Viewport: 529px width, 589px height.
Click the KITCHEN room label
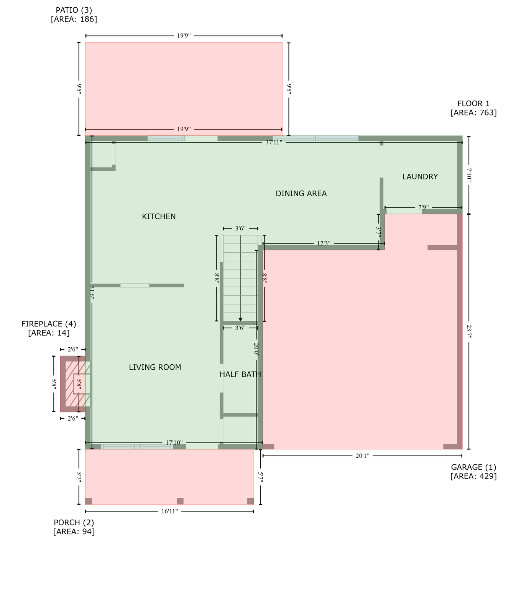click(159, 217)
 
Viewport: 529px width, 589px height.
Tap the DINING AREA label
click(301, 194)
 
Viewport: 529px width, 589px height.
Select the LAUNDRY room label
click(420, 177)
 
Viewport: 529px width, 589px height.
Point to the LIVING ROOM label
click(155, 367)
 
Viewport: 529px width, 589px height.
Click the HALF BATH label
click(240, 375)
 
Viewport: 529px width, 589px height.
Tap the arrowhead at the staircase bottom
click(240, 319)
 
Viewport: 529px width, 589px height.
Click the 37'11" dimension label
click(273, 142)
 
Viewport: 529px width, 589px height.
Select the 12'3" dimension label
click(324, 243)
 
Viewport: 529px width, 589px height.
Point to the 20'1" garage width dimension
click(362, 456)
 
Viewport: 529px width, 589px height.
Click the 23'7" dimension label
click(469, 331)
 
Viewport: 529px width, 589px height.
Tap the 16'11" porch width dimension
click(169, 511)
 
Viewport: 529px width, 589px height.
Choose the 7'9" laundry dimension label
click(423, 207)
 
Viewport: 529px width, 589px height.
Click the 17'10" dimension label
click(174, 443)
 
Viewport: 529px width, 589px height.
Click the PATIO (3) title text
click(74, 10)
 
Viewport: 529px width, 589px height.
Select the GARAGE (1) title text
click(473, 467)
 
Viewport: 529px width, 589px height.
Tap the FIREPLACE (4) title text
click(49, 324)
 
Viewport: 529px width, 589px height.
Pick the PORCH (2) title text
click(74, 523)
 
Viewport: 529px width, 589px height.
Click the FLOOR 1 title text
click(473, 104)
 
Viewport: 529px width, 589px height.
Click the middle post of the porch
click(180, 501)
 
